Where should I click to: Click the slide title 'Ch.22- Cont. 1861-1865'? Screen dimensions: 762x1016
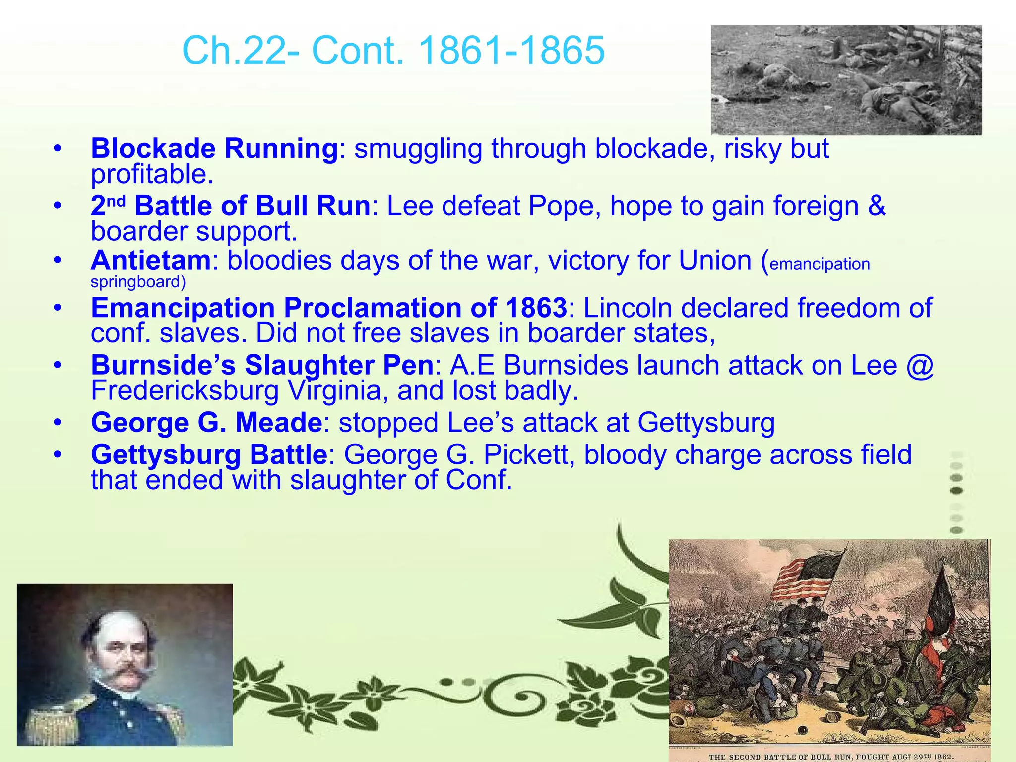tap(393, 50)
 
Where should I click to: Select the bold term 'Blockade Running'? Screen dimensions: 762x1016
tap(214, 148)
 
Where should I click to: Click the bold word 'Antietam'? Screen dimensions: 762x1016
tap(151, 260)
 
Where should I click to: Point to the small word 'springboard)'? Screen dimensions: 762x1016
tap(138, 282)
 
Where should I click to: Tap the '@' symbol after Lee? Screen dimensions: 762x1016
tap(919, 366)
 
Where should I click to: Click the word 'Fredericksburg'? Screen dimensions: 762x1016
tap(185, 391)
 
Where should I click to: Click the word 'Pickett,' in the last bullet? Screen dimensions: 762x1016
tap(529, 455)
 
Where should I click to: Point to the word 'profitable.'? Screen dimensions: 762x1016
tap(152, 174)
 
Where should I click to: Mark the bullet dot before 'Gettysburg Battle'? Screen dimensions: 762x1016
tap(58, 455)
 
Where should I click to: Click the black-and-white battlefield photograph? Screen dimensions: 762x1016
tap(846, 80)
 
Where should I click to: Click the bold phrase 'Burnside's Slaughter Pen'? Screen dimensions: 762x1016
tap(262, 366)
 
